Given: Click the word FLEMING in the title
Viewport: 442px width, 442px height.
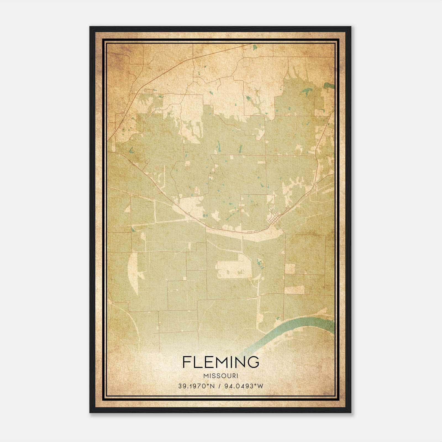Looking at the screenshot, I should pos(221,362).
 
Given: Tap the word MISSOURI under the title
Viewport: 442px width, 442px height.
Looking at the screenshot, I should pos(221,376).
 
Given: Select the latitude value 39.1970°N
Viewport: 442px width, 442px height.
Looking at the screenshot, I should pos(196,386).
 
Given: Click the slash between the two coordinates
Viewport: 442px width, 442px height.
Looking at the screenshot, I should pos(219,386).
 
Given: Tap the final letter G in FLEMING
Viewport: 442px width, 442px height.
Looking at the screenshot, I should pos(254,362).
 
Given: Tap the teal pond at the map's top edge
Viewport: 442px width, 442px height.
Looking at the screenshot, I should pos(254,47).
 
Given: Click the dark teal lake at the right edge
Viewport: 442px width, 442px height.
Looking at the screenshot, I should pos(329,86).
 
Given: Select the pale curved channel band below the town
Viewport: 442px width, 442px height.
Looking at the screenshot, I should pos(243,235).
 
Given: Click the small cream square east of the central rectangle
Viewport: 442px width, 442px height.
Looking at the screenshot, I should pos(290,269).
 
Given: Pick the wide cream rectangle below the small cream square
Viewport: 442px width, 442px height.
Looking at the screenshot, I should pos(294,290).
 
